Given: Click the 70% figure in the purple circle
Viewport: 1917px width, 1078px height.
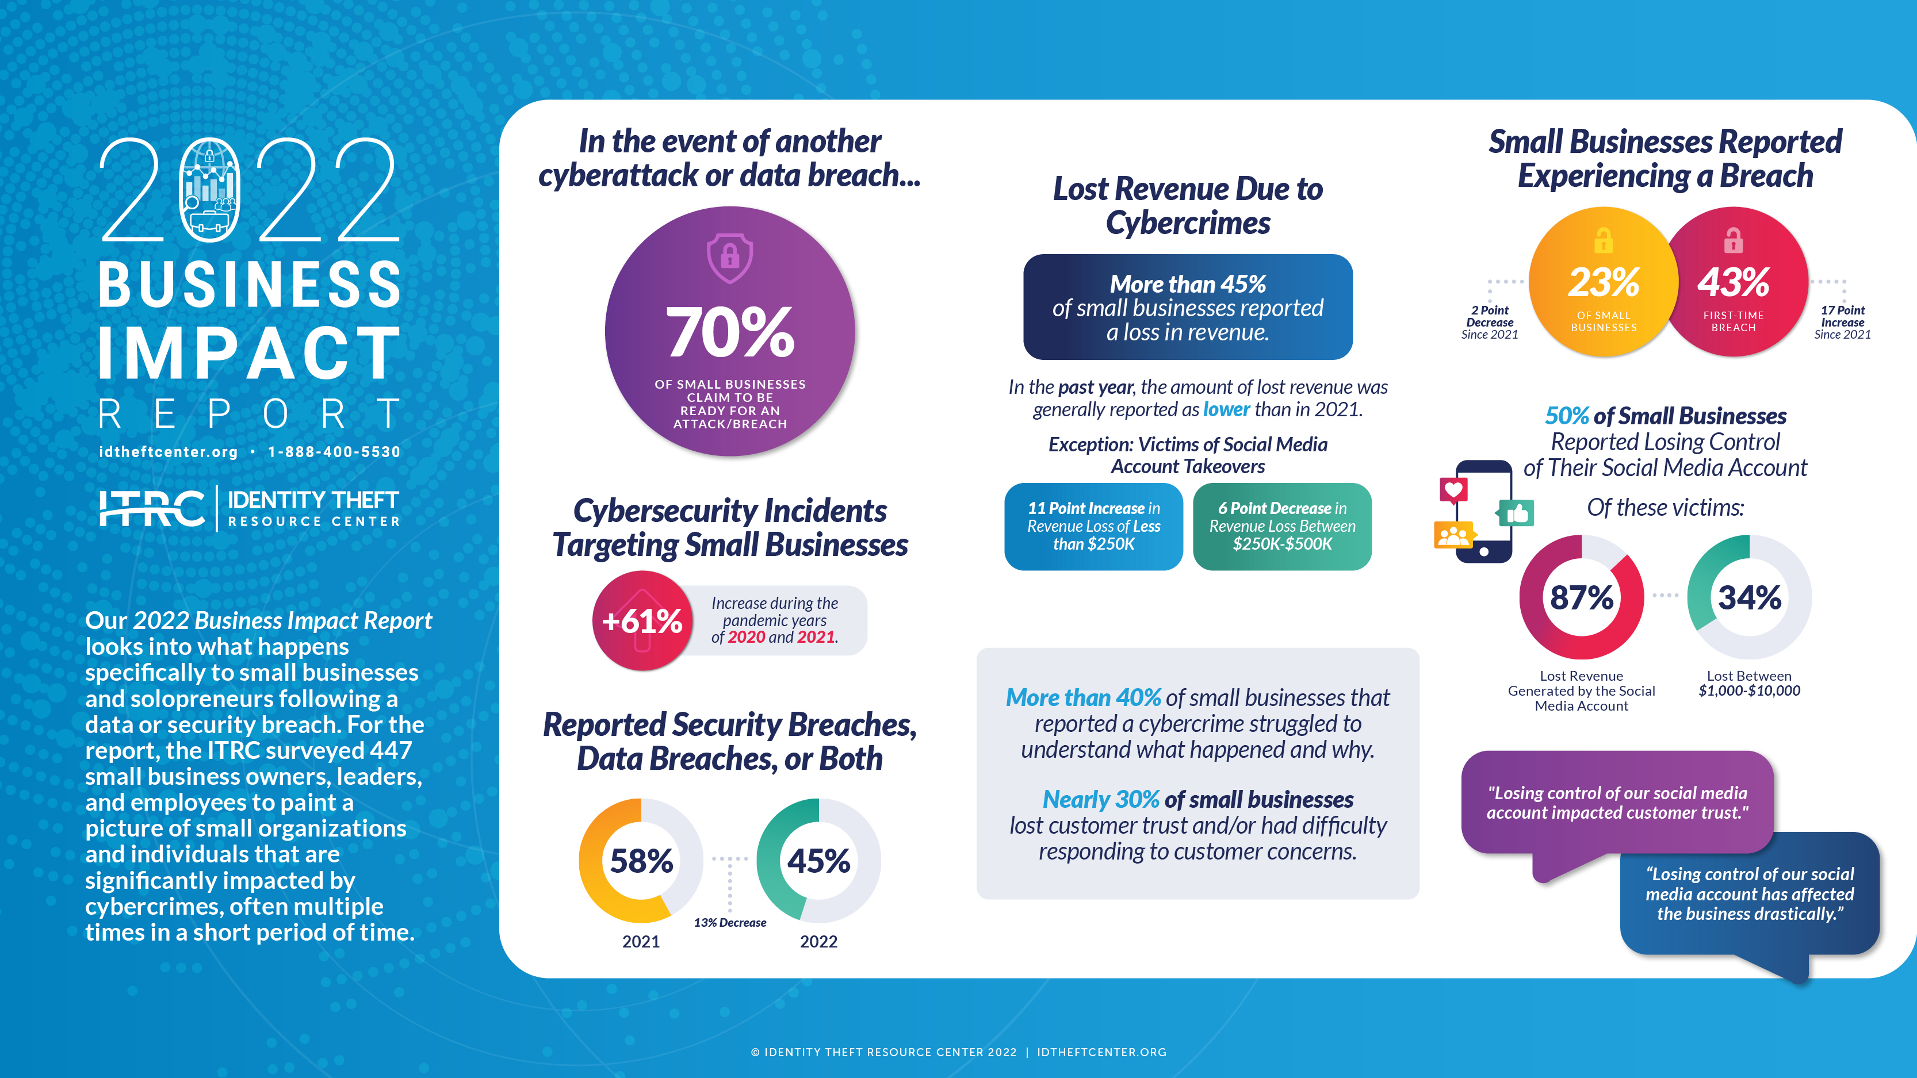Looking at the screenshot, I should [x=729, y=332].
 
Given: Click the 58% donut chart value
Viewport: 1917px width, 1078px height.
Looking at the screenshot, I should [x=641, y=861].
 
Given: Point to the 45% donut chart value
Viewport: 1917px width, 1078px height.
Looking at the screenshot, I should [x=818, y=861].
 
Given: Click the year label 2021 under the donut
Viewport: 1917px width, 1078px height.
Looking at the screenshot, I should [x=641, y=941].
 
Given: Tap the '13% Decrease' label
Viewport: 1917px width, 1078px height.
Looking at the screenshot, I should [x=729, y=923].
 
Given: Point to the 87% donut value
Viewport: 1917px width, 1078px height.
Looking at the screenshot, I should [x=1581, y=597].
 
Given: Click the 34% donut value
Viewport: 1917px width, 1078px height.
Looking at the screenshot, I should [x=1750, y=597].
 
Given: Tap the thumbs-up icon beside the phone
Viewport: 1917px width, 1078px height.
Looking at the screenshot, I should [x=1517, y=513].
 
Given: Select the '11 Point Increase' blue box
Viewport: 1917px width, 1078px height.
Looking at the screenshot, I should [x=1093, y=526].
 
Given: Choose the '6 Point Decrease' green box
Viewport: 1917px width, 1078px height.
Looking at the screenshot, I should [x=1282, y=526].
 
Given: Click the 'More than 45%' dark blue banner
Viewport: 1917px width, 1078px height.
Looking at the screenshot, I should [x=1188, y=307].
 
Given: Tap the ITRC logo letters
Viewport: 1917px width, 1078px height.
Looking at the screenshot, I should [x=152, y=509].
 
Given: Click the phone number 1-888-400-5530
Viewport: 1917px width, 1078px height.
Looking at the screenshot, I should [x=334, y=451].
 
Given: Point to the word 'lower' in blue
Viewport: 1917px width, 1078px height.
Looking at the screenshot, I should [x=1226, y=409].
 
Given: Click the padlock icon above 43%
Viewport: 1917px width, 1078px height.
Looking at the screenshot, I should [x=1733, y=240].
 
